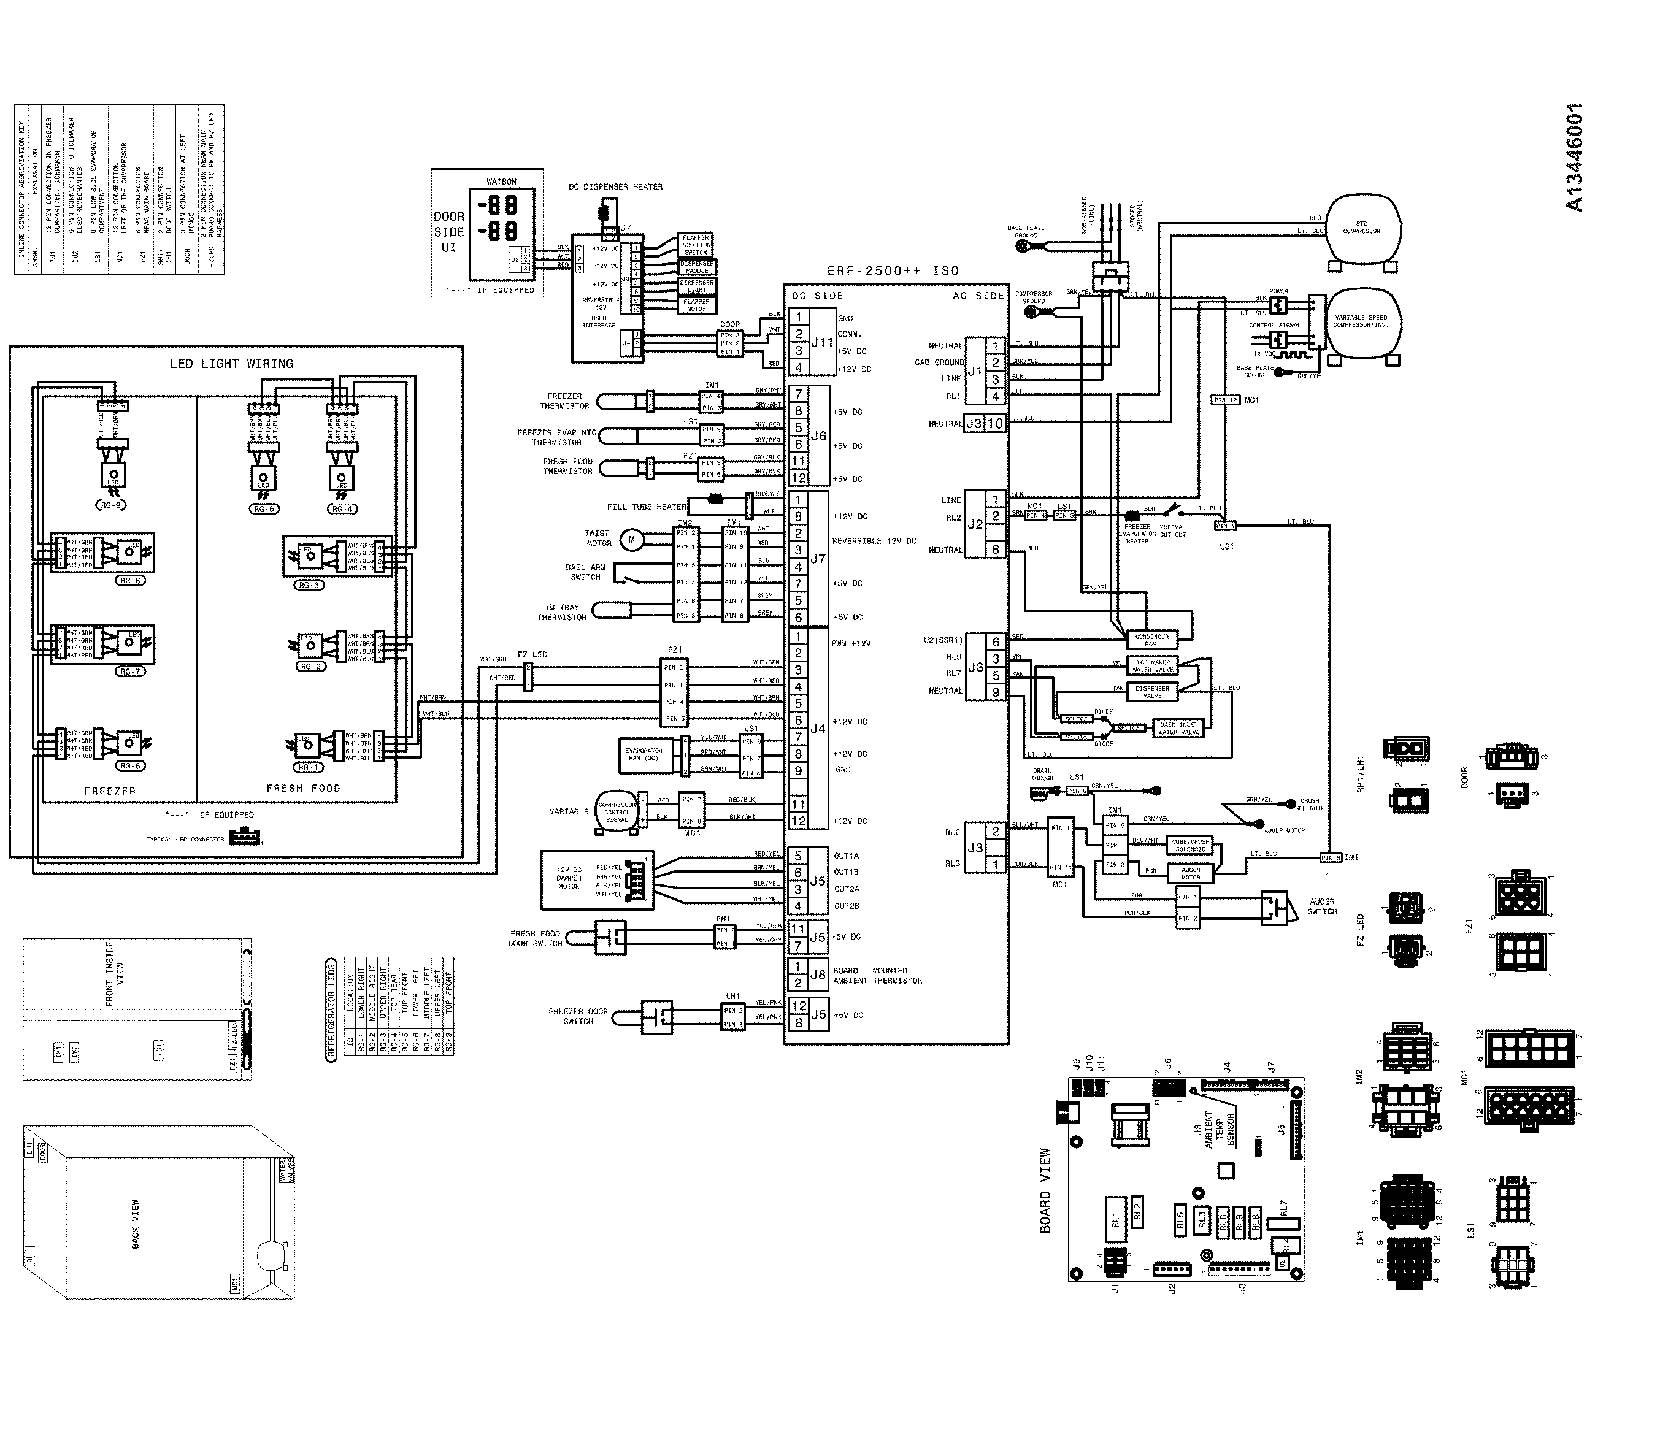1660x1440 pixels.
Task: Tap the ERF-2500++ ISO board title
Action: [x=893, y=271]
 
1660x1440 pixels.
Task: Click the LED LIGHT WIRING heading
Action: [x=231, y=363]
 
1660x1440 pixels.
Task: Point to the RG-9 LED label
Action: [x=110, y=505]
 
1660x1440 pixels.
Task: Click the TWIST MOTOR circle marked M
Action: [x=632, y=539]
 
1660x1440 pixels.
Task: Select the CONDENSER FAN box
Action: [x=1151, y=640]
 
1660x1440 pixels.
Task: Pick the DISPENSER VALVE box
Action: [x=1152, y=691]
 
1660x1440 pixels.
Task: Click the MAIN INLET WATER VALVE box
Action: [x=1178, y=728]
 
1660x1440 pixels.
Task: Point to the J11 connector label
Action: [x=821, y=342]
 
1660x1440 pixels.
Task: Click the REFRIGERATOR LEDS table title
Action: [x=331, y=1010]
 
